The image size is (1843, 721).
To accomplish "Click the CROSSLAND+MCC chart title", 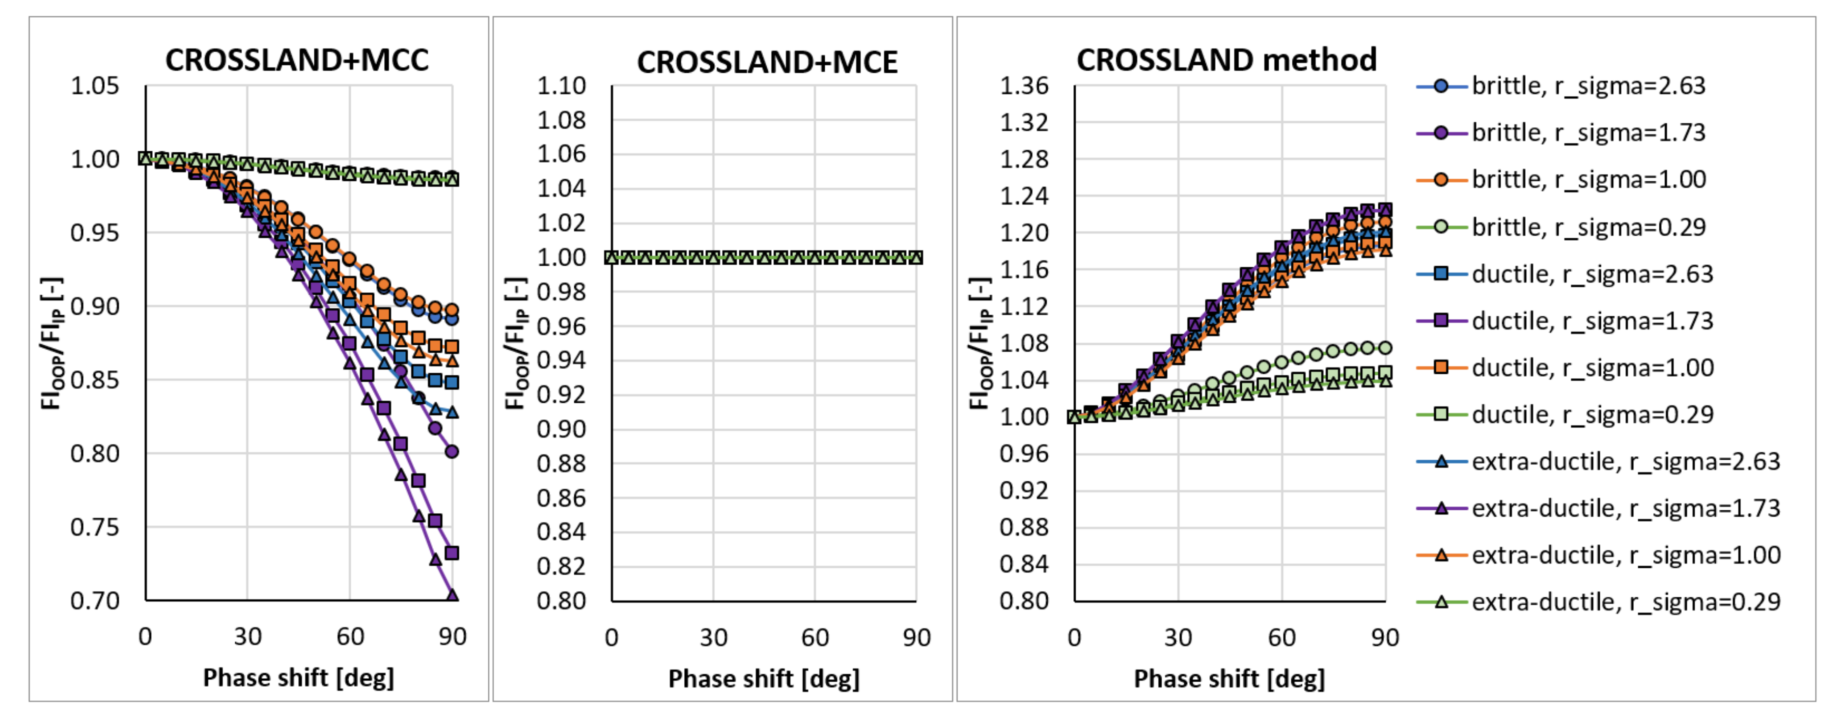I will coord(297,60).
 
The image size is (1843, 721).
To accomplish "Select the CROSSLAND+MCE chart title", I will coord(767,62).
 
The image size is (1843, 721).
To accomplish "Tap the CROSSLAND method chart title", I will coord(1226,59).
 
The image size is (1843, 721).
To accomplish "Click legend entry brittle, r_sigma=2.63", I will coord(1588,86).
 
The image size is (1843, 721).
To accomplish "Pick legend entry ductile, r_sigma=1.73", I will coord(1592,320).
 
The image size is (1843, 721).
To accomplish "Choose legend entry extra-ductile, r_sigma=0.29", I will coord(1625,602).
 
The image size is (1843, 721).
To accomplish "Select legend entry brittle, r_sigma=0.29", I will coord(1588,227).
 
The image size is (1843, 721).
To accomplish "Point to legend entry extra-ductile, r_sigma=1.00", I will coord(1625,555).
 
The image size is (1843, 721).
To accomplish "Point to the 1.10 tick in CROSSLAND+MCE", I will coord(561,86).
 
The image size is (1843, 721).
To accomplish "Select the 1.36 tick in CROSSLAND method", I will coord(1024,86).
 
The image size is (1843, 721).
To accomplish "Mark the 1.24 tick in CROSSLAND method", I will coord(1024,196).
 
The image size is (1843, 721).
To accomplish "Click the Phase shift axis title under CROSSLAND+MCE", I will coord(763,678).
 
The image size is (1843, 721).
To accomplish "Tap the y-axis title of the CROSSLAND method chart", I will coord(979,343).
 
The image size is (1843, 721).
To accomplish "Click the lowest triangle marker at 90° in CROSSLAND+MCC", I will coord(452,594).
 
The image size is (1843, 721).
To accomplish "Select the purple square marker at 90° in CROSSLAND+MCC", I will coord(452,553).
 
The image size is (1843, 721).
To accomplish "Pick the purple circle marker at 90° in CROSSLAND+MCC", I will coord(452,451).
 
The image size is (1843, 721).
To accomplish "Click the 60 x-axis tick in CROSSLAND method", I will coord(1282,637).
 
